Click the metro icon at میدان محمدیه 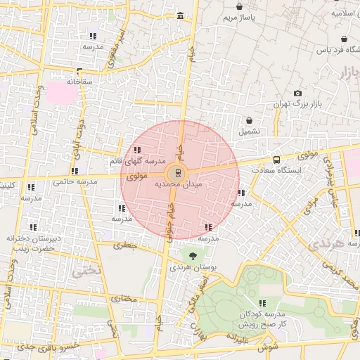pos(176,173)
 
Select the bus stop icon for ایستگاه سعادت pos(276,160)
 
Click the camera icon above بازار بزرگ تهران pos(297,94)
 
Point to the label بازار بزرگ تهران pos(297,104)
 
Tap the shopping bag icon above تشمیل pos(249,120)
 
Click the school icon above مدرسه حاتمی pos(74,171)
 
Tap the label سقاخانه pos(79,82)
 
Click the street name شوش pos(266,347)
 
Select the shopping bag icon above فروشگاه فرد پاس pos(343,39)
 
